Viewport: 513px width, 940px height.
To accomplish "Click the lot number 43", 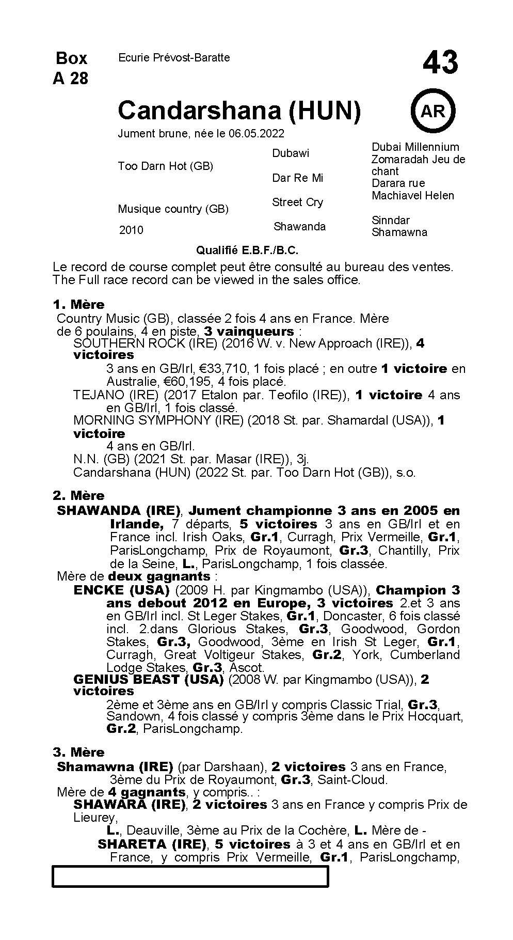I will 440,63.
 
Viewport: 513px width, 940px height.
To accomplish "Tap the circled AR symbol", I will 432,111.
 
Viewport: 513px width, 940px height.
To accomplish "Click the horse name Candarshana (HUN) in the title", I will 239,111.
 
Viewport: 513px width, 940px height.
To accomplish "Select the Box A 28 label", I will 71,68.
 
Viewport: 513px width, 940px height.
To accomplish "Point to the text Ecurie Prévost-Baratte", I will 174,58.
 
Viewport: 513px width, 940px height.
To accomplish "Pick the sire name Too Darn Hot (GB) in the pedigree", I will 165,166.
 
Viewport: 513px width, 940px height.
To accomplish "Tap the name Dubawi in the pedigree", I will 291,153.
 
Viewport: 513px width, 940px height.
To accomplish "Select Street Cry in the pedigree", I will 297,202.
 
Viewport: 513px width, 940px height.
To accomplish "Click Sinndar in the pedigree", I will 390,220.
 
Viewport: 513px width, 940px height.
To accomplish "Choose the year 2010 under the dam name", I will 131,230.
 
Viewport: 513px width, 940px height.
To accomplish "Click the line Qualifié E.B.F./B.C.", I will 247,250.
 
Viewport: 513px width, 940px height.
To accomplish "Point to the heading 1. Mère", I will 78,304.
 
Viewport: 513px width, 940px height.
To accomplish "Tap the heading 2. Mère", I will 78,496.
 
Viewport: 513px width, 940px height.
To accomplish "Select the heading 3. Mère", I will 78,752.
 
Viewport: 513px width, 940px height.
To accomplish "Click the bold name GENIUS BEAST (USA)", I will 149,679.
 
